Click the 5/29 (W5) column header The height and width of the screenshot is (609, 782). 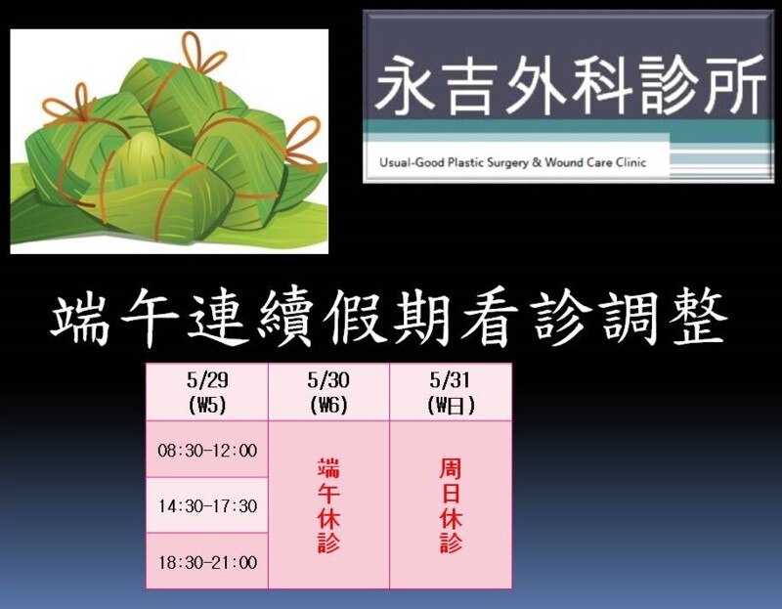coord(207,392)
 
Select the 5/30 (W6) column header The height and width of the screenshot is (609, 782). coord(328,392)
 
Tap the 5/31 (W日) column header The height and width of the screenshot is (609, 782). coord(451,392)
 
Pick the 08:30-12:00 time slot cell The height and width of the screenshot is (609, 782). coord(207,450)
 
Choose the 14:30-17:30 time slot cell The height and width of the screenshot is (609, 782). coord(207,505)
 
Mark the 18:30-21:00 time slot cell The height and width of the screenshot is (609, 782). coord(207,562)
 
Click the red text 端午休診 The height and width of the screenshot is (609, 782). coord(328,505)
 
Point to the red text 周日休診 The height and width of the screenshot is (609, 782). coord(451,505)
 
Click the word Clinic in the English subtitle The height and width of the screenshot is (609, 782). coord(631,162)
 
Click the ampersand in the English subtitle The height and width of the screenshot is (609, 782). coord(537,162)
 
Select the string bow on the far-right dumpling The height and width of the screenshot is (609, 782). coord(303,141)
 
